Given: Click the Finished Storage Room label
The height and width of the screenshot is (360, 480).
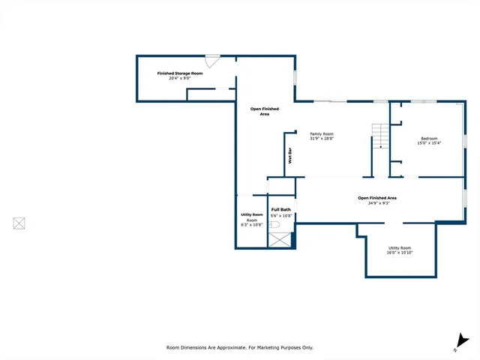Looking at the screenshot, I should tap(180, 73).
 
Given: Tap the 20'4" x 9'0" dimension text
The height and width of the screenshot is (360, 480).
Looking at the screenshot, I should tap(180, 79).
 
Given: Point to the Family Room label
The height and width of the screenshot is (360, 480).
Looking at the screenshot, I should tap(322, 134).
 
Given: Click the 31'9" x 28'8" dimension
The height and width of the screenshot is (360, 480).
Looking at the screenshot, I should tap(322, 139).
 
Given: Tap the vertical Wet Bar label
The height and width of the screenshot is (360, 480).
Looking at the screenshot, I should tap(290, 156).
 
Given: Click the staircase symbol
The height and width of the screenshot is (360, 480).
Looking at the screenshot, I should tap(382, 135).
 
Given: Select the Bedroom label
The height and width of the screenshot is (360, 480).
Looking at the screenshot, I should tap(429, 138).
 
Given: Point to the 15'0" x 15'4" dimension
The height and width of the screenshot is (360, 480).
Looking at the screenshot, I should tap(429, 142).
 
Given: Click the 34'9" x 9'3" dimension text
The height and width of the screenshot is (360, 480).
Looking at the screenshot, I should tap(376, 202).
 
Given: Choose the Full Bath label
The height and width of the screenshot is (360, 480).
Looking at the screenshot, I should tap(281, 209).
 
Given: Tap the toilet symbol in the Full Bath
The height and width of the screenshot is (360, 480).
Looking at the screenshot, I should tap(274, 224).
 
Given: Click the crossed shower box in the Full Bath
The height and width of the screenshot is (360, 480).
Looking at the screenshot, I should tap(281, 240).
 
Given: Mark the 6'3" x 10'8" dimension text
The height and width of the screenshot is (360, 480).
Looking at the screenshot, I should tap(252, 225).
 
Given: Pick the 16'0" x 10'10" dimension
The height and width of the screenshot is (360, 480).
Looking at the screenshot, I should tap(400, 253).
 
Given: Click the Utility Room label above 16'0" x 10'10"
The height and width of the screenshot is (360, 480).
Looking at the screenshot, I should tap(400, 247).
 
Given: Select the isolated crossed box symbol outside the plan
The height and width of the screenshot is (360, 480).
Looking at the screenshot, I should tap(19, 223).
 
